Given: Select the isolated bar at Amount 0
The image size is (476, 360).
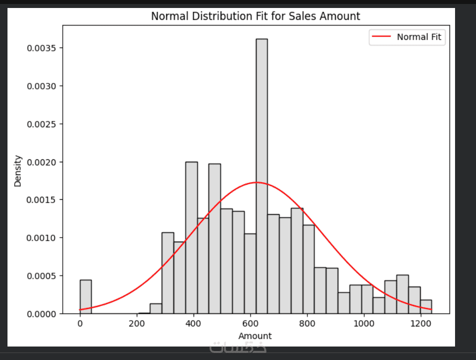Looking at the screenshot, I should pyautogui.click(x=85, y=297).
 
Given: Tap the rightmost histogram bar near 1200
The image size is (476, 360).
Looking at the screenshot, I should pyautogui.click(x=426, y=307).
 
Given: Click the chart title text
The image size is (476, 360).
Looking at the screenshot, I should pyautogui.click(x=255, y=16).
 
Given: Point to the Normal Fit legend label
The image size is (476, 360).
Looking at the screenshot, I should pyautogui.click(x=419, y=37).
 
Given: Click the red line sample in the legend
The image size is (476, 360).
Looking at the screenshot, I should pyautogui.click(x=382, y=37).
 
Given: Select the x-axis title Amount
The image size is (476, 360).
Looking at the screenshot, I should pyautogui.click(x=255, y=336).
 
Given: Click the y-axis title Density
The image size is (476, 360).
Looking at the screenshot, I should pyautogui.click(x=18, y=171).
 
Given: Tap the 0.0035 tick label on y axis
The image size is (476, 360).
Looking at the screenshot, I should pyautogui.click(x=44, y=48).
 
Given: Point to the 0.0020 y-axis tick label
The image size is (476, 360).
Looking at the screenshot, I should pyautogui.click(x=44, y=162).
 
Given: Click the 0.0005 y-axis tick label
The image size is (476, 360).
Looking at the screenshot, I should pyautogui.click(x=44, y=276).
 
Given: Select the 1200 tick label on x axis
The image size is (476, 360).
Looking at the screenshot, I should pyautogui.click(x=421, y=323).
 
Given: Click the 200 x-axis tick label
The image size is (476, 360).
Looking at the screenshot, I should pyautogui.click(x=137, y=323).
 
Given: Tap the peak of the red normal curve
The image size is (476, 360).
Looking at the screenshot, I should pyautogui.click(x=256, y=182).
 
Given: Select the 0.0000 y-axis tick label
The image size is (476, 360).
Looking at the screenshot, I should pyautogui.click(x=44, y=314).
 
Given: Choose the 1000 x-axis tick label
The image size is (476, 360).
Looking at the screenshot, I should pyautogui.click(x=364, y=323).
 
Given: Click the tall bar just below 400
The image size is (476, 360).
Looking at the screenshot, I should pyautogui.click(x=191, y=238).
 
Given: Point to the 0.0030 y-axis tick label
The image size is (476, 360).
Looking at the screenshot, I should pyautogui.click(x=44, y=86).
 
